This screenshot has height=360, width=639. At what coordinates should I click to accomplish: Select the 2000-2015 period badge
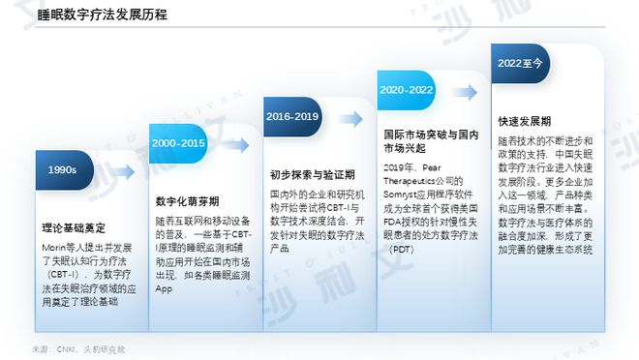[177, 143]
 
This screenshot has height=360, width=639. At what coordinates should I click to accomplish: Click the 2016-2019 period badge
[291, 116]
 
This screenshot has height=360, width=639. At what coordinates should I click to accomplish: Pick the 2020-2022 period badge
[406, 89]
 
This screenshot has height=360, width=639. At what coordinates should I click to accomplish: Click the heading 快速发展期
[525, 122]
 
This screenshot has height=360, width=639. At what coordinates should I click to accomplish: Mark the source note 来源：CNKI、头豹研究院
[78, 347]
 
